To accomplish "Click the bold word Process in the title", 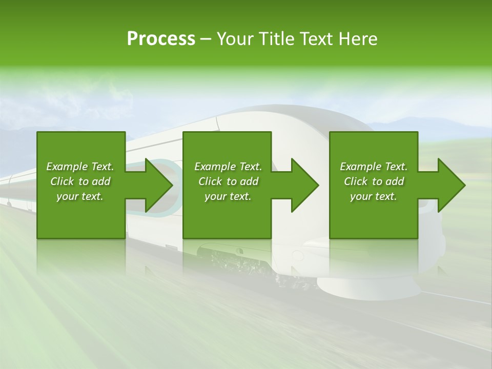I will tap(161, 39).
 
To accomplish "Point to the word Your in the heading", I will tap(234, 39).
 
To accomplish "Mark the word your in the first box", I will tap(67, 196).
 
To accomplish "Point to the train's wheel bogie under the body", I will tap(241, 261).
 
